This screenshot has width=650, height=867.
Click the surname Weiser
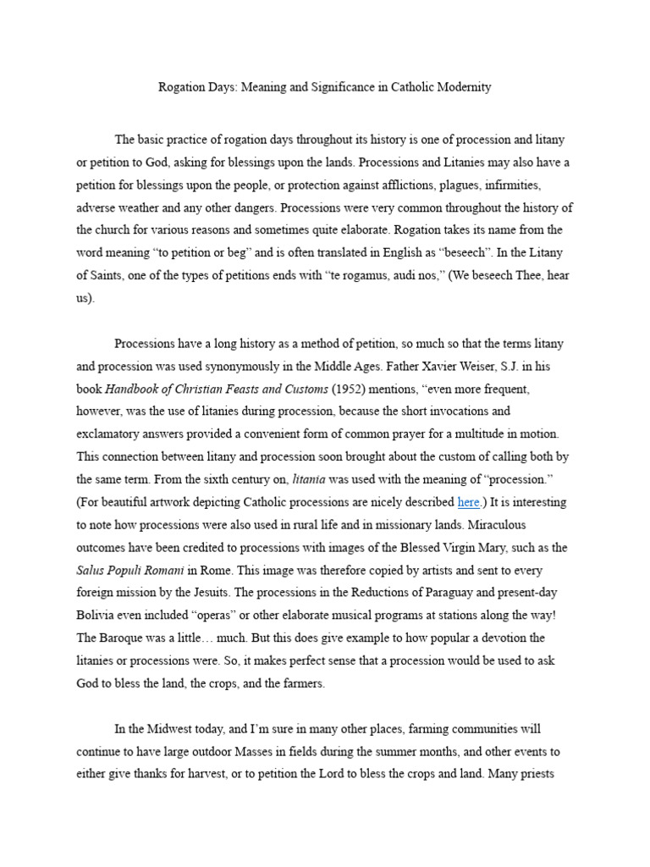click(479, 367)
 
